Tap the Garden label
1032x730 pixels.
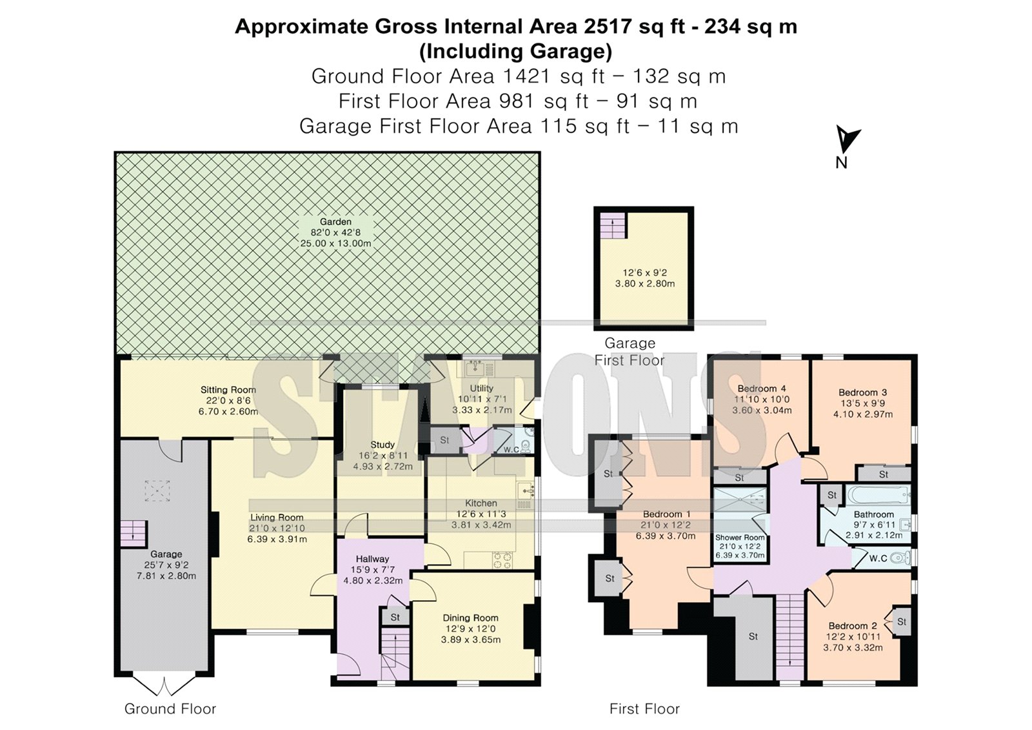coord(335,222)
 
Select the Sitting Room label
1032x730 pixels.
coord(228,390)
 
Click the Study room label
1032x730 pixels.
coord(382,445)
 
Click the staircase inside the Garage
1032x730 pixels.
coord(134,534)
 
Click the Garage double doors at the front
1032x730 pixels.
coord(164,685)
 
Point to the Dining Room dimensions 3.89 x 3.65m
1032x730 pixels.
coord(470,640)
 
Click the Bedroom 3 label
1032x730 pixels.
coord(862,392)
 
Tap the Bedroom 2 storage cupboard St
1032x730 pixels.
coord(901,622)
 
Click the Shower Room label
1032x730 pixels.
coord(739,537)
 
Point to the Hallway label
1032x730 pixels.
coord(373,559)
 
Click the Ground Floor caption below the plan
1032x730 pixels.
coord(170,709)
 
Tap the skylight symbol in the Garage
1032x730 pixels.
coord(157,491)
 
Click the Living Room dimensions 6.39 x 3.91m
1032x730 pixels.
coord(277,539)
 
